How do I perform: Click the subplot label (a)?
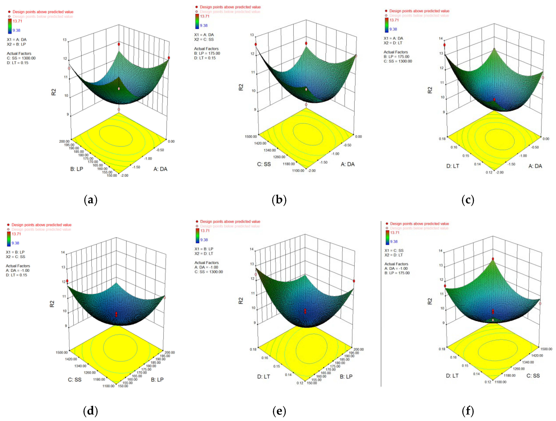91,200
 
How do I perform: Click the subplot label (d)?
91,411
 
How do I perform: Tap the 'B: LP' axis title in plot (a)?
77,169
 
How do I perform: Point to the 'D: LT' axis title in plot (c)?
453,166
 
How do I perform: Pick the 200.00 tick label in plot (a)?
64,141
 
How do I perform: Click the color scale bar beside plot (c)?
387,25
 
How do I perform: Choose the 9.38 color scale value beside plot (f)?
394,242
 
